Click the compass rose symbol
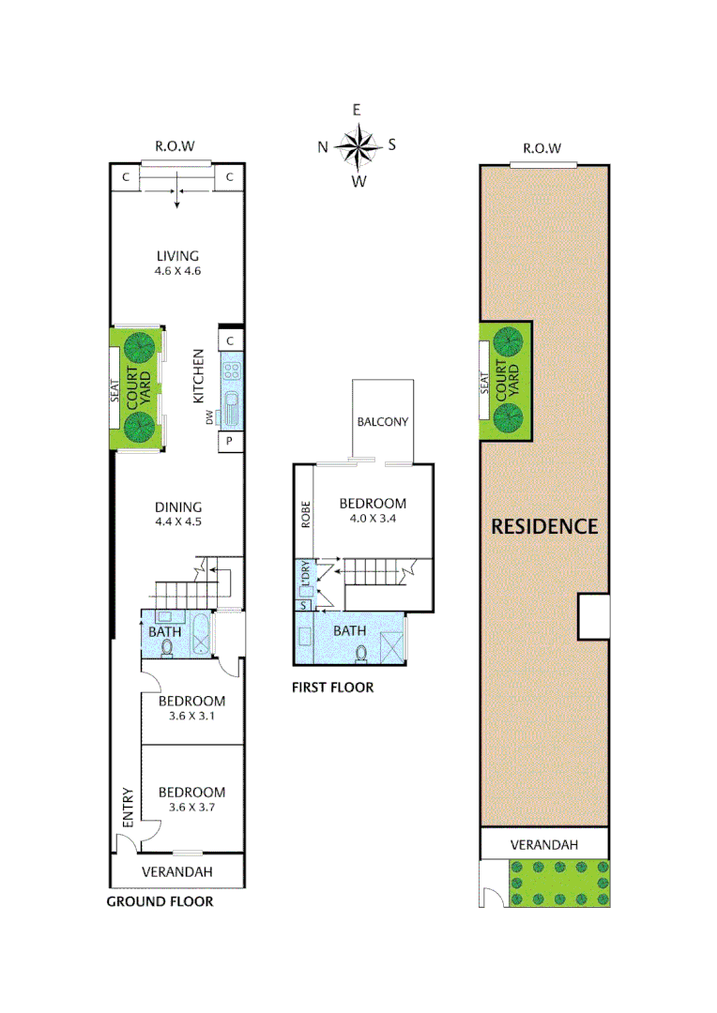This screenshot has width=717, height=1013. [357, 145]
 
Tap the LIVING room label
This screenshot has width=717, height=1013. [177, 255]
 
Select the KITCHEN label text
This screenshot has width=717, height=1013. [199, 376]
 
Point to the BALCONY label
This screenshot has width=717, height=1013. [382, 421]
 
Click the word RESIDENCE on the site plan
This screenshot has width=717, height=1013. [544, 526]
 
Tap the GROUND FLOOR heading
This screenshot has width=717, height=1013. [160, 901]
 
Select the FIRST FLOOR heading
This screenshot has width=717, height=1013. [332, 688]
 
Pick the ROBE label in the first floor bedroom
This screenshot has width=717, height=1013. [305, 515]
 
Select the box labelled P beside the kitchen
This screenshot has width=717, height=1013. [231, 441]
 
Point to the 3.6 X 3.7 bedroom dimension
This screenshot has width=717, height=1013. [191, 807]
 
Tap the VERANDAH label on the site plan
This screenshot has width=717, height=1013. [543, 844]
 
